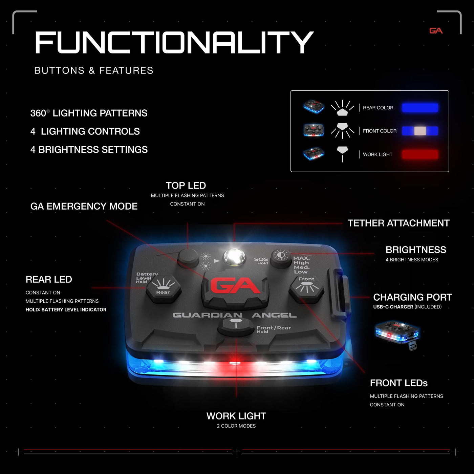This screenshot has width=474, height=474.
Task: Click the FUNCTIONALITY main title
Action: pos(174,42)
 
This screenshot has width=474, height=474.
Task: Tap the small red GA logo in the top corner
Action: pos(436,31)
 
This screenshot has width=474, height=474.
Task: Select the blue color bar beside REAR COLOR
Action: pos(420,108)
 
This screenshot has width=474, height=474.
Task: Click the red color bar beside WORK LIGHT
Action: pos(420,154)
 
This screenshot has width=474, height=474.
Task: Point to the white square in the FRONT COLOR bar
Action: pos(420,131)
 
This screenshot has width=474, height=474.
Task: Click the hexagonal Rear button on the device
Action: pos(163,289)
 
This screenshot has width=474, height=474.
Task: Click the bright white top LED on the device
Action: pos(234,257)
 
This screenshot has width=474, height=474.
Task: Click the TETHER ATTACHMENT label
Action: pos(398,223)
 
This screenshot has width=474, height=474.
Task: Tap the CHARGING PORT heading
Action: pos(412,297)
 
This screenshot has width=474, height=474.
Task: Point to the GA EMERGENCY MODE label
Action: pos(84,206)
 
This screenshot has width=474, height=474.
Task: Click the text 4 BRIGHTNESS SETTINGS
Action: pos(89,150)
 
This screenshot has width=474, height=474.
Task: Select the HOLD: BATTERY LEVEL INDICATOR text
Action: pos(66,310)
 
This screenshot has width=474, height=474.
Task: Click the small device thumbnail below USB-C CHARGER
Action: pos(397,335)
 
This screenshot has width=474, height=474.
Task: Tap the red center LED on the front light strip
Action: pos(235,363)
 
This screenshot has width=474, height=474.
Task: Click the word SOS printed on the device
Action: pos(261,259)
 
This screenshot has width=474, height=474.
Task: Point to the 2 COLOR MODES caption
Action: pos(236,426)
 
